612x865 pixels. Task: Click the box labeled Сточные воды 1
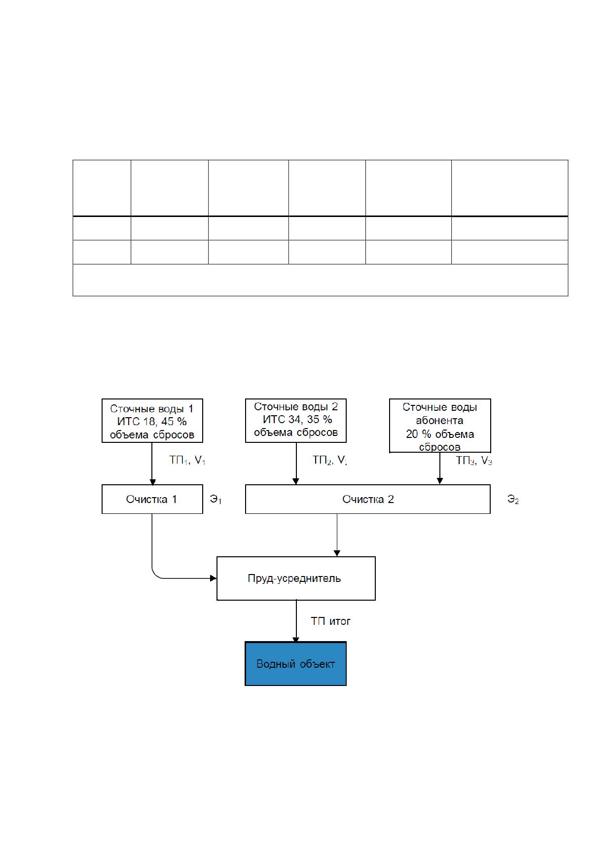click(152, 421)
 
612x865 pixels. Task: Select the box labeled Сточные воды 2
click(296, 421)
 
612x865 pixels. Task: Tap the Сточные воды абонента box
click(440, 426)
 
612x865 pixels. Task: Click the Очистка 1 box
click(152, 499)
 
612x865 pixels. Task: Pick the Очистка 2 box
click(368, 499)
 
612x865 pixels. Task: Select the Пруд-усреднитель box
click(296, 578)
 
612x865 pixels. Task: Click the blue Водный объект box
click(296, 664)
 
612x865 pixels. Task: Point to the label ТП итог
click(330, 621)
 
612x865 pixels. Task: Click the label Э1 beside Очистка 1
click(216, 500)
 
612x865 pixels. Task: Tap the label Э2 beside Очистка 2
click(513, 500)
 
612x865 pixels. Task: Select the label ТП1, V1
click(187, 461)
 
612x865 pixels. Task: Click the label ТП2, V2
click(330, 461)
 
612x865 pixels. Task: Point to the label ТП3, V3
click(474, 461)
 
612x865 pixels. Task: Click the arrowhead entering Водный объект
click(296, 639)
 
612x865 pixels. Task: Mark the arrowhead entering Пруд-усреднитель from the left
click(214, 578)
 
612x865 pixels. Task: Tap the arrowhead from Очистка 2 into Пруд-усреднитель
click(337, 554)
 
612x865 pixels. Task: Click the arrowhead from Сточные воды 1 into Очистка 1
click(152, 482)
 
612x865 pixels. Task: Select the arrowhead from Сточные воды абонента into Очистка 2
click(440, 482)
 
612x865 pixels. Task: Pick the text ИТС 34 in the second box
click(280, 420)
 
